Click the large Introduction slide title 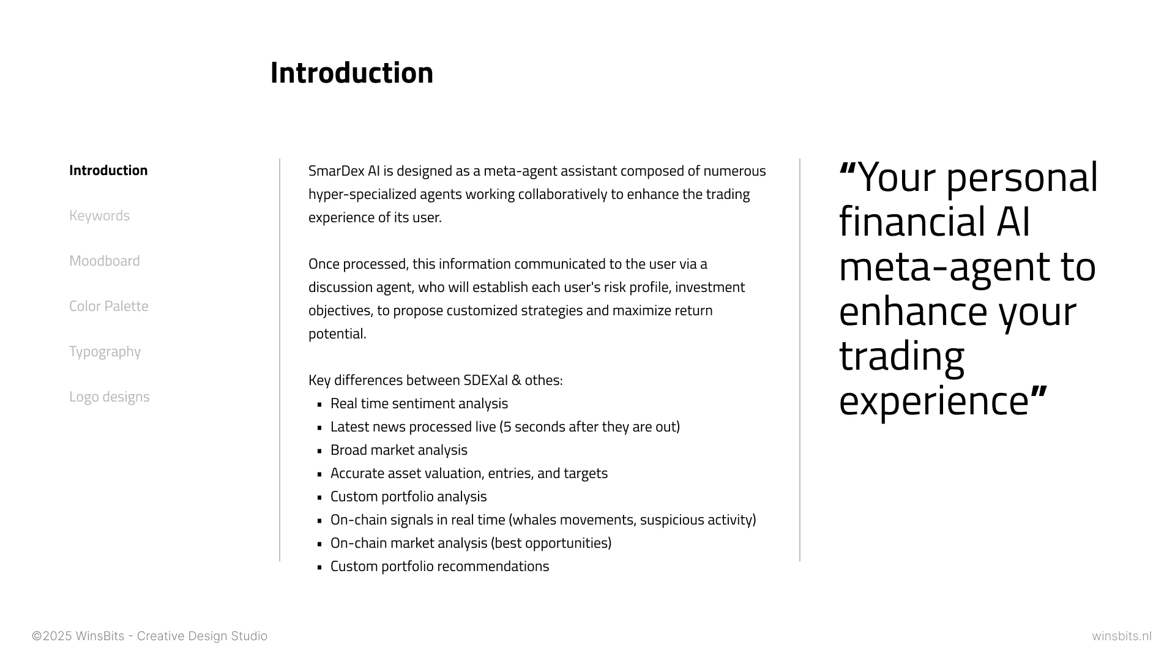tap(352, 73)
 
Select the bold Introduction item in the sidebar tap(108, 170)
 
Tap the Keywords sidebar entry tap(99, 215)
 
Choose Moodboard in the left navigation tap(104, 261)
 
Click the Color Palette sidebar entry tap(109, 306)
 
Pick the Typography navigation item tap(105, 352)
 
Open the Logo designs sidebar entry tap(109, 397)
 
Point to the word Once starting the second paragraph tap(324, 264)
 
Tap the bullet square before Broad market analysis tap(319, 451)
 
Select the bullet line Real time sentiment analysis tap(419, 404)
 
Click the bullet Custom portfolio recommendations tap(440, 567)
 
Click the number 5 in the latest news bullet tap(507, 427)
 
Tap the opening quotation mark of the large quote tap(848, 168)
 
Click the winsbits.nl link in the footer tap(1122, 637)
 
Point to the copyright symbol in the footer tap(37, 637)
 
